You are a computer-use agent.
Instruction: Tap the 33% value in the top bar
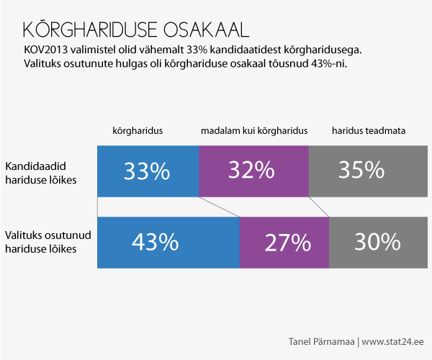tap(146, 171)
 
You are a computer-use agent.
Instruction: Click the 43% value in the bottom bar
tap(155, 242)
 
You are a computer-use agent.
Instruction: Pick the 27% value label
tap(287, 242)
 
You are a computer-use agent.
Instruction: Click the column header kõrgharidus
tap(137, 131)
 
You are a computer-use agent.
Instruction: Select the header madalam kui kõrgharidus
tap(253, 131)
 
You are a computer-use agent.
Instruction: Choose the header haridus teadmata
tap(369, 131)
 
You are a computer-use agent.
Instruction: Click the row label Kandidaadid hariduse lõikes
tap(41, 171)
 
